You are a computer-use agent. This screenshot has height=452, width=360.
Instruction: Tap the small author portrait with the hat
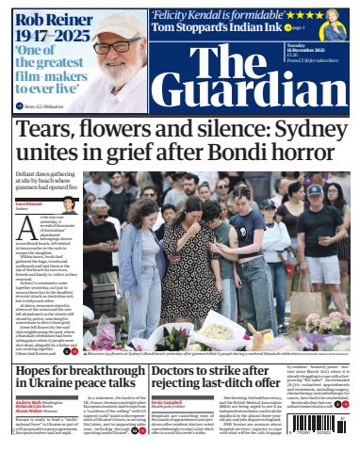69,202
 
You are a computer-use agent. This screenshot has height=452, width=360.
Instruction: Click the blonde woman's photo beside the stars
335,22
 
